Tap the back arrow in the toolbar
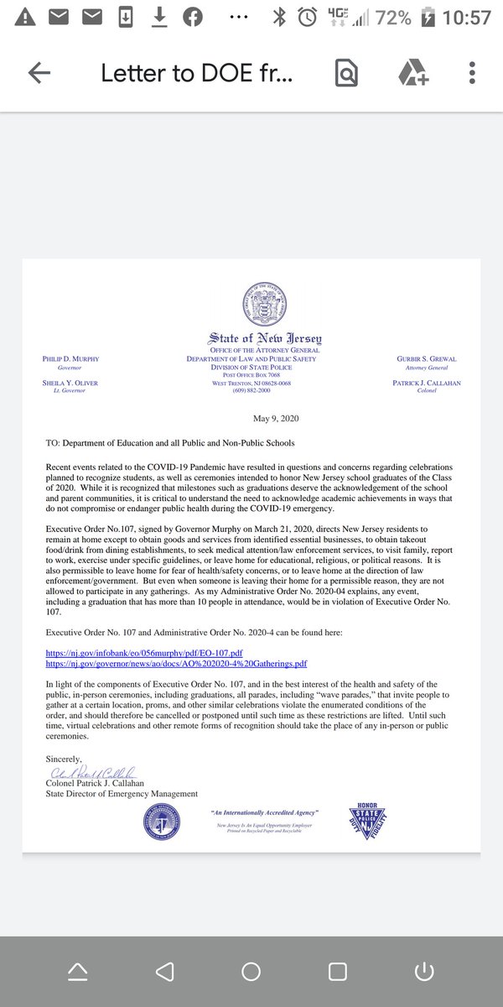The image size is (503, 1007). [x=39, y=73]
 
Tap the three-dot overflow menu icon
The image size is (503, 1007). [x=472, y=73]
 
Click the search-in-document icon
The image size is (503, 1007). [x=345, y=73]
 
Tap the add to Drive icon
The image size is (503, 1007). [x=412, y=73]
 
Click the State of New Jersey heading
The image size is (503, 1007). [x=264, y=338]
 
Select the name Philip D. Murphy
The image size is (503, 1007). [x=70, y=359]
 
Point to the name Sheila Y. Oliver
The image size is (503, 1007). [x=70, y=383]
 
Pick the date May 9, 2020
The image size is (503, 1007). [x=276, y=419]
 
